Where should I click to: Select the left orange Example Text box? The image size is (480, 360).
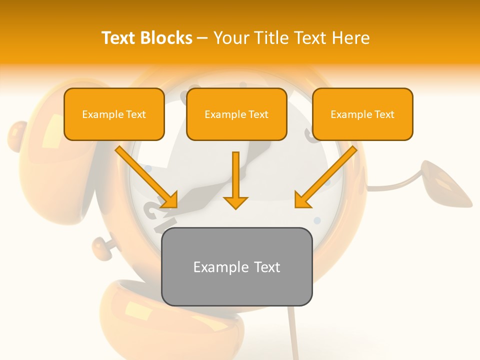(114, 114)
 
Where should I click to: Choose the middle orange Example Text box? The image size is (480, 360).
(236, 114)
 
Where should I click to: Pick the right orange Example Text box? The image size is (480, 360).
(362, 114)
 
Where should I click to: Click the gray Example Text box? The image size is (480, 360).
(236, 266)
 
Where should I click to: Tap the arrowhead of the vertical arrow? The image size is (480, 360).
(235, 202)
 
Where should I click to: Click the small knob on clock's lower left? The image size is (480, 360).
(100, 246)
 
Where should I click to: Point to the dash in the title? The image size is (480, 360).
(202, 38)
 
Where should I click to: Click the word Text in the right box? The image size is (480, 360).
(384, 114)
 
